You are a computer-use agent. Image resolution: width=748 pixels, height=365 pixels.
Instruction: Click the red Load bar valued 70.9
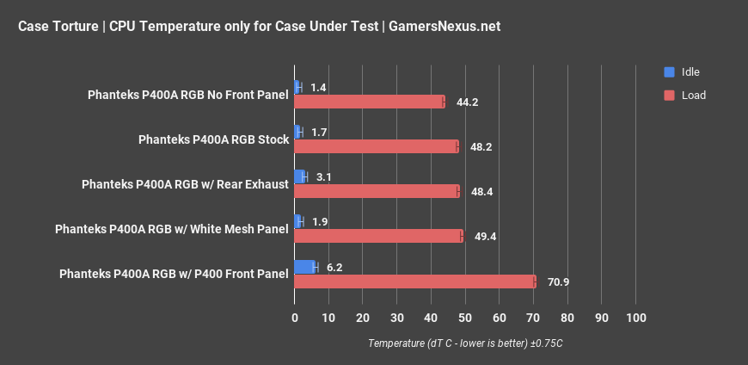tap(414, 281)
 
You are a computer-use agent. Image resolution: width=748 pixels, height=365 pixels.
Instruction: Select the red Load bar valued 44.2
tap(369, 102)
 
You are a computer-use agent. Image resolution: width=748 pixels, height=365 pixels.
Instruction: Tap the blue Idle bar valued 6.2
tap(304, 267)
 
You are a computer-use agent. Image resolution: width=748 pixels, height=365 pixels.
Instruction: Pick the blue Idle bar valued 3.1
tap(299, 176)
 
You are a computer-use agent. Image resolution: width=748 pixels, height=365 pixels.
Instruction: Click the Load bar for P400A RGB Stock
tap(376, 146)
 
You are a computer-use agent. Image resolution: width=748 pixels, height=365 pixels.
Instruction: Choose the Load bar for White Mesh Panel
tap(378, 236)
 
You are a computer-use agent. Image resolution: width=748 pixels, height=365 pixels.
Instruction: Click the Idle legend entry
tap(690, 72)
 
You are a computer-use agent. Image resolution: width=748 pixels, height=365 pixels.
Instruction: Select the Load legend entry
tap(692, 95)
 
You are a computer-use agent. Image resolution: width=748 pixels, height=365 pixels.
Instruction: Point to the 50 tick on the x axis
tap(465, 319)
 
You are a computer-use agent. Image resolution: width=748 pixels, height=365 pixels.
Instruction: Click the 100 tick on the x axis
tap(635, 319)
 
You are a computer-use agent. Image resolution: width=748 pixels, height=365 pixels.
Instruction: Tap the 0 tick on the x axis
tap(295, 319)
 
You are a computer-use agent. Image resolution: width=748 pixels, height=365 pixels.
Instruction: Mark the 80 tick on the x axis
tap(567, 319)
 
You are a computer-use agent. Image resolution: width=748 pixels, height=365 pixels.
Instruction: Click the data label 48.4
tap(481, 191)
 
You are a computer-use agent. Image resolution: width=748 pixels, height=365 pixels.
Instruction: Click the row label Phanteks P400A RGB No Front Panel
tap(187, 95)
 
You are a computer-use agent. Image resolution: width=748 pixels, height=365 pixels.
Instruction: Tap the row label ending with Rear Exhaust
tap(184, 184)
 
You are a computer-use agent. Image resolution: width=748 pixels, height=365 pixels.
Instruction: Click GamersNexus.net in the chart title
tap(445, 27)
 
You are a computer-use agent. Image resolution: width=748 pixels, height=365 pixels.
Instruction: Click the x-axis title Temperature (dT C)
tap(465, 343)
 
